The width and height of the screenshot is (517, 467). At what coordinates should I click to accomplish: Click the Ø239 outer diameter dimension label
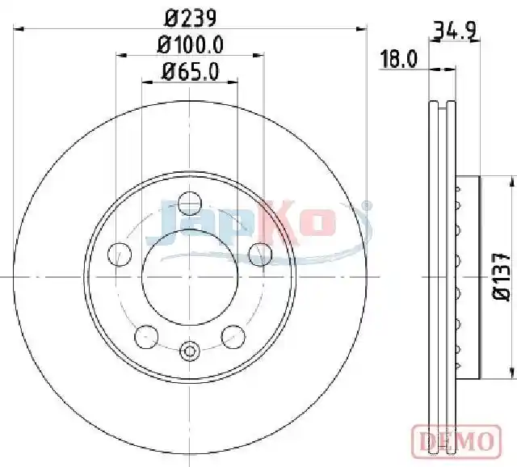point(191,18)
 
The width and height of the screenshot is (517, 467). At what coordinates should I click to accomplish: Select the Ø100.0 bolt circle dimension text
point(191,44)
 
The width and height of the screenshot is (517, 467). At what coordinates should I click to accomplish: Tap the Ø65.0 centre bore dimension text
point(191,72)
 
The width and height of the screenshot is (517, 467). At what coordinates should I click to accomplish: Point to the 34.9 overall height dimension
point(455,31)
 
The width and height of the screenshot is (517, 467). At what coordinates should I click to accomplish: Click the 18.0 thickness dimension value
point(398,59)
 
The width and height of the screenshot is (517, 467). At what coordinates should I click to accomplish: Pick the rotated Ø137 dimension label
point(502,276)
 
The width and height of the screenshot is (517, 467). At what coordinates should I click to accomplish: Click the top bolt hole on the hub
point(189,203)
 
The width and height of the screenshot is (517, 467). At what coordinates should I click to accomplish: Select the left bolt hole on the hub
point(120,254)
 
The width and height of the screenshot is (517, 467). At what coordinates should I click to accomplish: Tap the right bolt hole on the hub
point(260,254)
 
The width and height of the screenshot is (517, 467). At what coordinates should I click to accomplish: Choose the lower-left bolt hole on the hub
point(146,337)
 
